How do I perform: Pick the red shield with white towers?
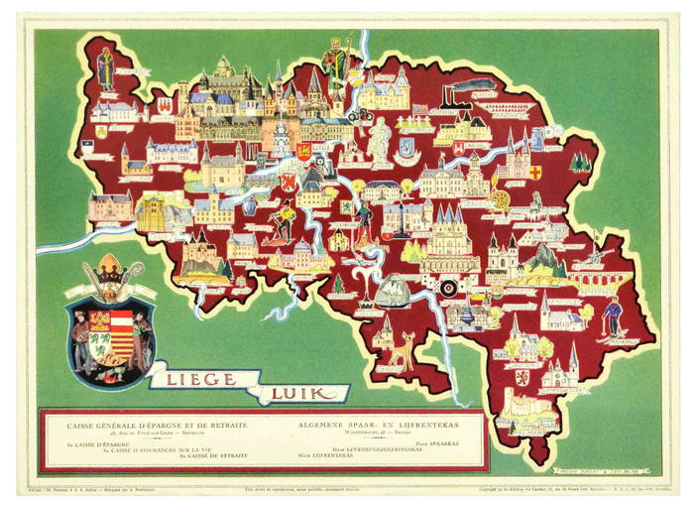[289, 185]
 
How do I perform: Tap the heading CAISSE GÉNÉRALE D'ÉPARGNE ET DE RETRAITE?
[158, 424]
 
